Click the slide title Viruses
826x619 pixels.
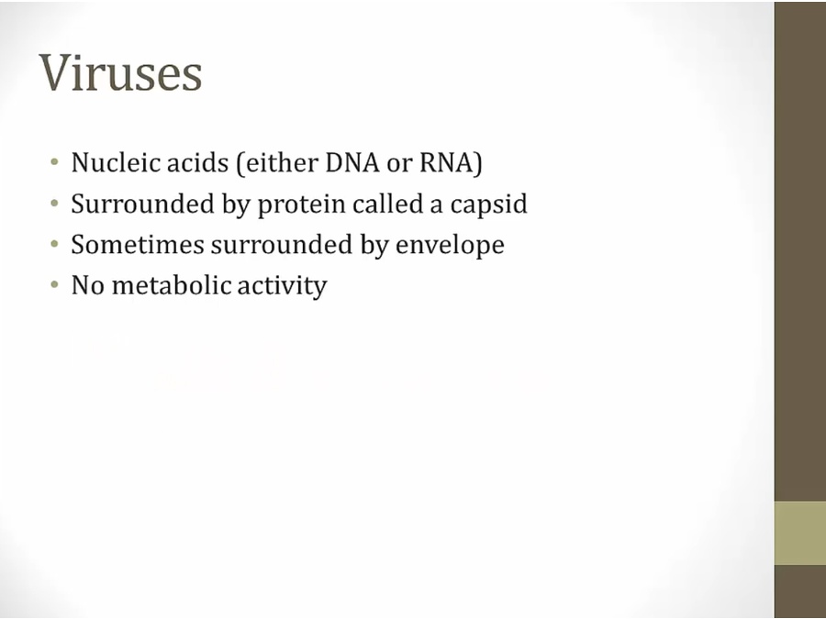tap(120, 72)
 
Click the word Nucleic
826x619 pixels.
tap(116, 161)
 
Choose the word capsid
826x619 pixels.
tap(488, 204)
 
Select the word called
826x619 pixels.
tap(387, 204)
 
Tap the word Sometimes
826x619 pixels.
tap(138, 244)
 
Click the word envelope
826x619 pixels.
tap(450, 246)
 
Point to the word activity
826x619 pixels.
tap(282, 286)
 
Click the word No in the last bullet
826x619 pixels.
tap(87, 285)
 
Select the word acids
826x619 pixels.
tap(197, 161)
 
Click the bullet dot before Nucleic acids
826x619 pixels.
tap(54, 161)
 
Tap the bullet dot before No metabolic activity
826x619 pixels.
tap(54, 285)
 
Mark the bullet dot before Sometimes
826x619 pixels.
tap(54, 244)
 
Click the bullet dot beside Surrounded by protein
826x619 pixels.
tap(54, 204)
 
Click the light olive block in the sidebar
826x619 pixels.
tap(799, 533)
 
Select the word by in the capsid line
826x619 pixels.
tap(235, 204)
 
